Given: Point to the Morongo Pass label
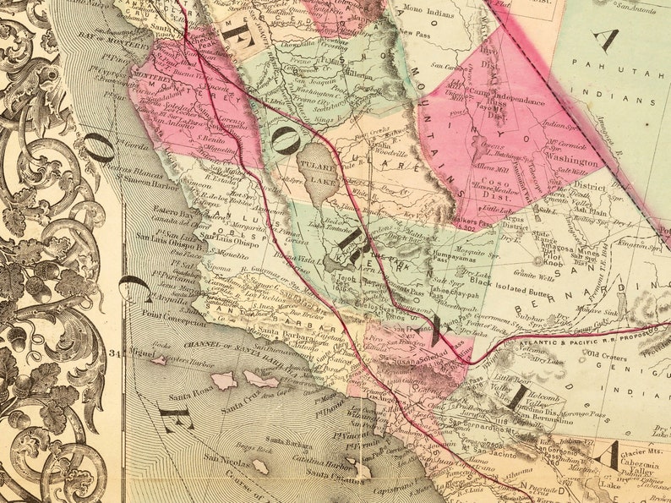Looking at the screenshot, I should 587,416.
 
